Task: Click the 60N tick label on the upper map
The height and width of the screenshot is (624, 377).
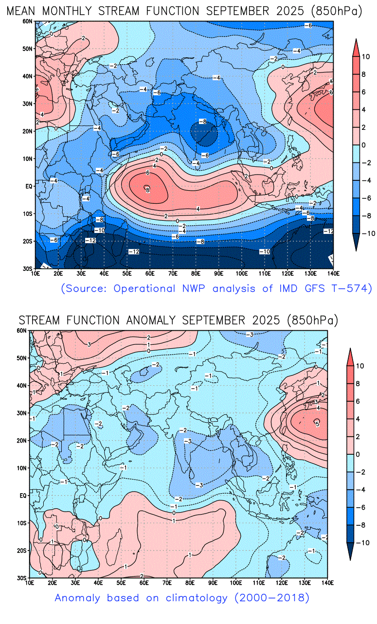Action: pos(27,21)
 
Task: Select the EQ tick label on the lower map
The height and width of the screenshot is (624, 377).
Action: pos(22,496)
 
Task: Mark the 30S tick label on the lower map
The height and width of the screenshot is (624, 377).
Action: pos(22,578)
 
